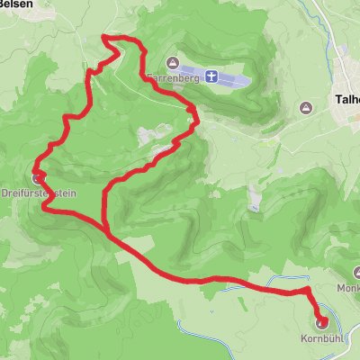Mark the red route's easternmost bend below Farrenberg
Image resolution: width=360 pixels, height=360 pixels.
pyautogui.click(x=195, y=111)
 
